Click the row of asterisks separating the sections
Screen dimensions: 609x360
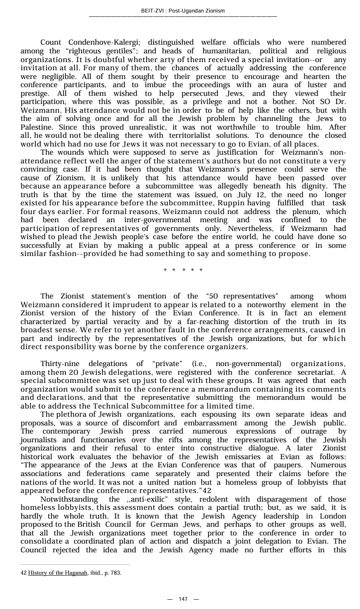pyautogui.click(x=183, y=270)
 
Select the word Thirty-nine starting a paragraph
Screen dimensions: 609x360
pyautogui.click(x=61, y=364)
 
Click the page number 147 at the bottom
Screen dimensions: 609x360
pyautogui.click(x=183, y=599)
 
